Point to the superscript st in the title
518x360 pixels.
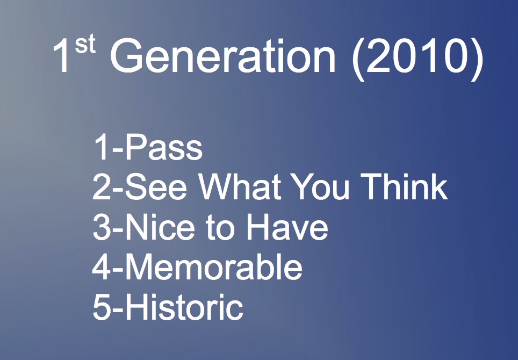[85, 45]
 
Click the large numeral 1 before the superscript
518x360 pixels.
[61, 55]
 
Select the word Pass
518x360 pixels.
[164, 147]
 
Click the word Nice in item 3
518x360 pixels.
[160, 227]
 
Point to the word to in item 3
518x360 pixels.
[220, 228]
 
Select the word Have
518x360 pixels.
[287, 227]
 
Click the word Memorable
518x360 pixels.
[214, 267]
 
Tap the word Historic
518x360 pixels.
[184, 307]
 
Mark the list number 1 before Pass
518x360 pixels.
[102, 147]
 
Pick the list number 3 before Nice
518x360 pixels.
[102, 227]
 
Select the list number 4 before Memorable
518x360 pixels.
[101, 267]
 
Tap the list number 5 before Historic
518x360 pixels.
[102, 307]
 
